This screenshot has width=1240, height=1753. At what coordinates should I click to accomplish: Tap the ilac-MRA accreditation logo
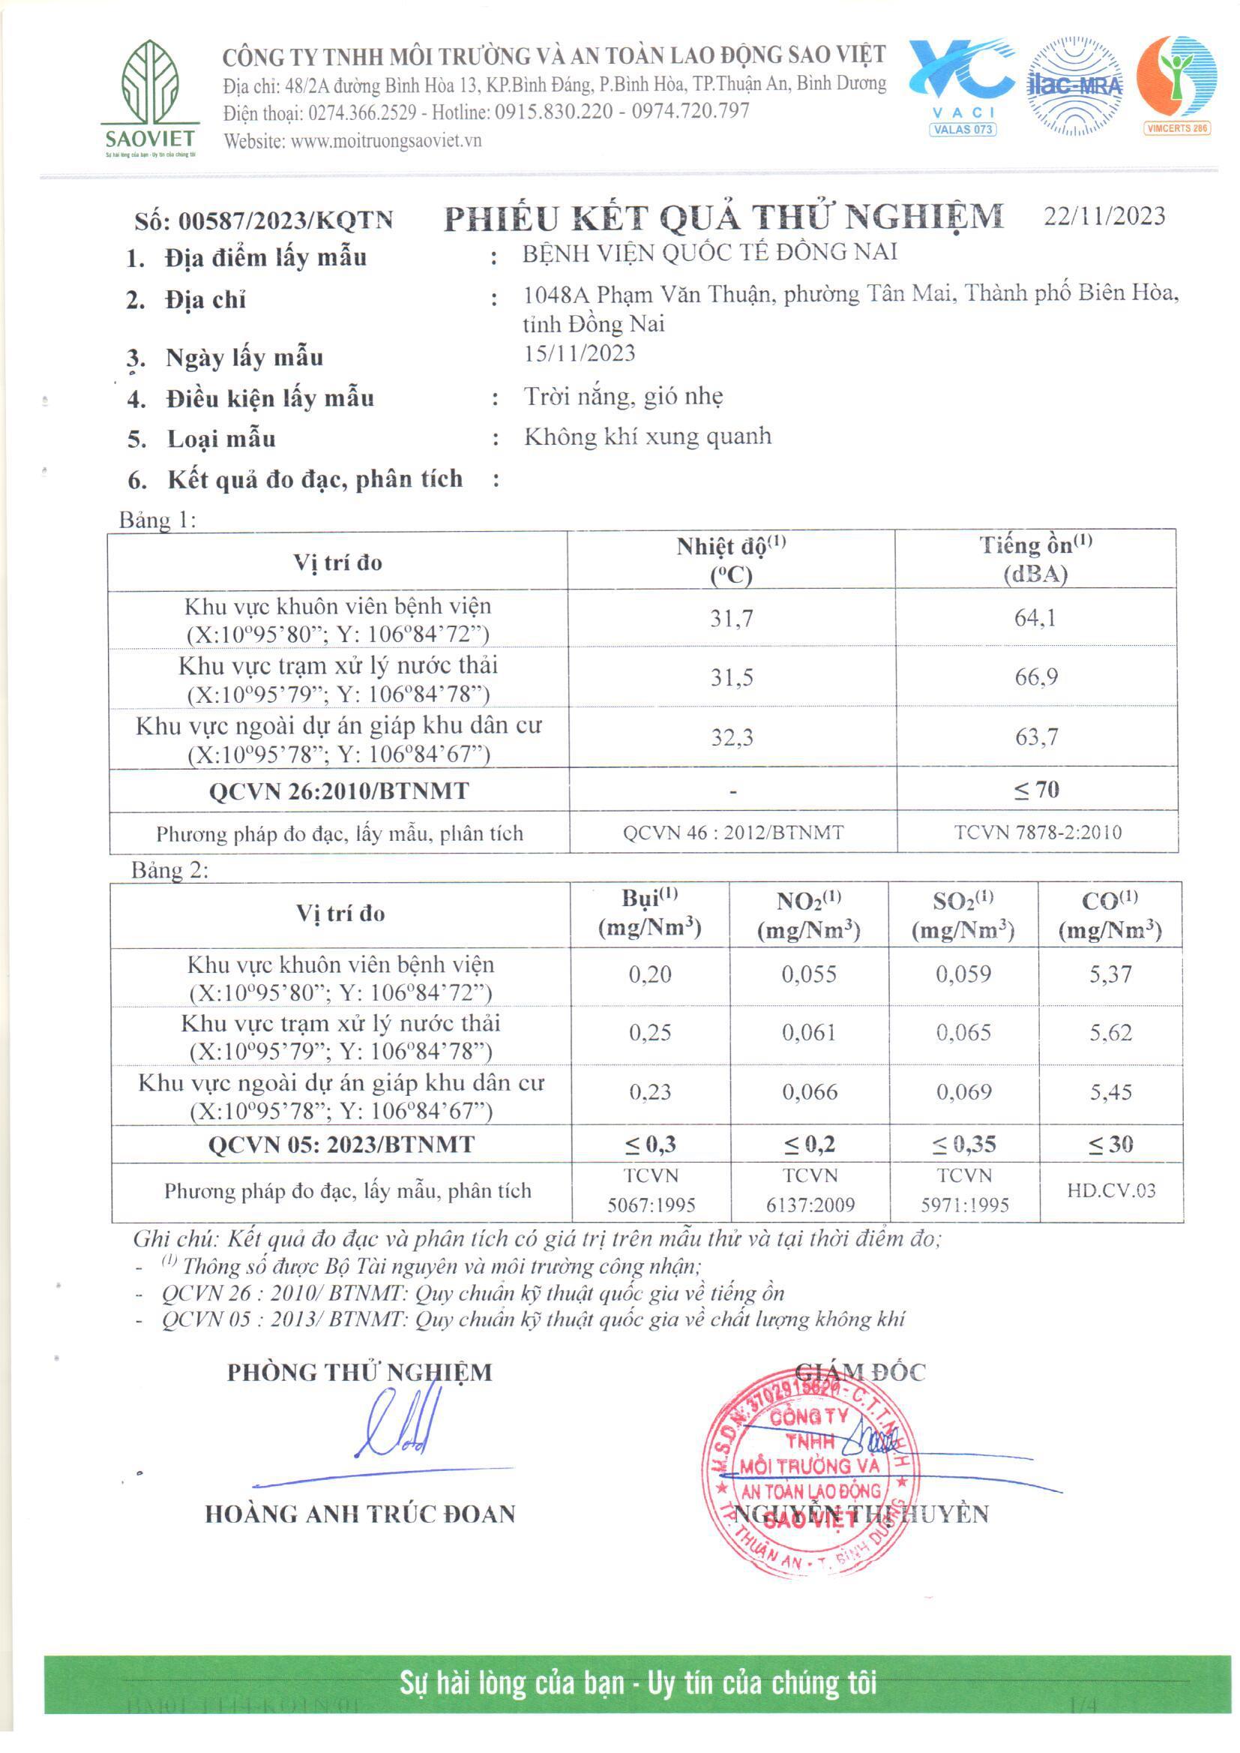[x=1075, y=86]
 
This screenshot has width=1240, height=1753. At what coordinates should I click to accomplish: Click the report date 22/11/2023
[x=1104, y=216]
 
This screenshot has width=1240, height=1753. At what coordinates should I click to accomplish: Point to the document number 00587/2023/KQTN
[x=285, y=221]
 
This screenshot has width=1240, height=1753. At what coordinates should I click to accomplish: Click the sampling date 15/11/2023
[x=580, y=353]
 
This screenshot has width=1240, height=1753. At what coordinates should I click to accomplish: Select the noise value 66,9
[x=1035, y=677]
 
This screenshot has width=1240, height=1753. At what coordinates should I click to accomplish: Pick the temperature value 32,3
[x=732, y=737]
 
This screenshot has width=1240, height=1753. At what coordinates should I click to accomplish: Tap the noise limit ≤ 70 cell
[x=1036, y=790]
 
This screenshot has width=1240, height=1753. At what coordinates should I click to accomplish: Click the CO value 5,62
[x=1110, y=1033]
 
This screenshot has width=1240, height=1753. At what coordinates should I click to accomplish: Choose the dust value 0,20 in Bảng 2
[x=650, y=974]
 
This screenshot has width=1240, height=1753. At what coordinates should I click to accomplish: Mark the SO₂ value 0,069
[x=963, y=1091]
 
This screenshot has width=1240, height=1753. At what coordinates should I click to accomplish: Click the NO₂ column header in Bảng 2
[x=809, y=914]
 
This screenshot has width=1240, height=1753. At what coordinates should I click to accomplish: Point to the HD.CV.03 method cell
[x=1111, y=1190]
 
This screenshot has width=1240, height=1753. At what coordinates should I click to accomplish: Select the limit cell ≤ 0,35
[x=963, y=1144]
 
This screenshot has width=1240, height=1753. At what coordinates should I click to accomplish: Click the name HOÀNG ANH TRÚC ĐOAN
[x=361, y=1514]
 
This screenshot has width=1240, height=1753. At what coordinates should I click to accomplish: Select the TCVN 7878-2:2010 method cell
[x=1038, y=832]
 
